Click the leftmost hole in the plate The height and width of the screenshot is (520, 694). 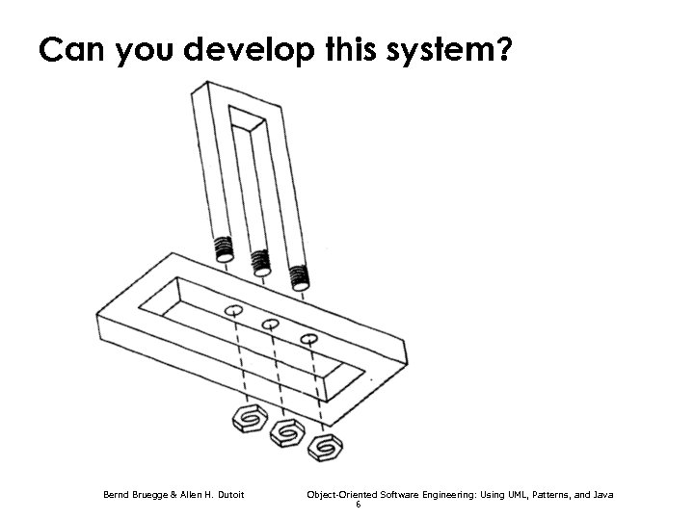(x=233, y=311)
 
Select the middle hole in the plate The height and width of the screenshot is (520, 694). (x=271, y=325)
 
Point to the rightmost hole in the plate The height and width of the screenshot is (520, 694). (x=308, y=338)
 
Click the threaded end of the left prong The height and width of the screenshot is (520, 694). (x=225, y=247)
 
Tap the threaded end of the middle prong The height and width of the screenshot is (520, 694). (x=261, y=261)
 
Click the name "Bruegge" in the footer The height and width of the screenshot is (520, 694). (x=148, y=495)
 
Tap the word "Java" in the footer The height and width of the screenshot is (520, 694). (x=603, y=495)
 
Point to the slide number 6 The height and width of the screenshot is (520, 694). (x=359, y=506)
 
